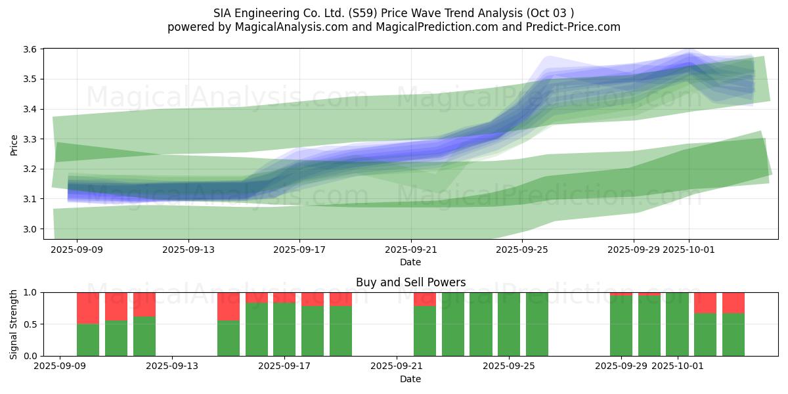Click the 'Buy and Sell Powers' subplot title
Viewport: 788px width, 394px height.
[x=410, y=282]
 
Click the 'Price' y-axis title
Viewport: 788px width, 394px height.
[x=14, y=144]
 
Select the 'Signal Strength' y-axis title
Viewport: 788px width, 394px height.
[x=14, y=324]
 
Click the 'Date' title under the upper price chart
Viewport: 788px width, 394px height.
[x=410, y=262]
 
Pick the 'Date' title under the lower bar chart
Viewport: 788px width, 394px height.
[x=410, y=379]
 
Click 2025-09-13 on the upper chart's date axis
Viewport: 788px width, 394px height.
[x=188, y=250]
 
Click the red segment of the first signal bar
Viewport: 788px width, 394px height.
[x=88, y=308]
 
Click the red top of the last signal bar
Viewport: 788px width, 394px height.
[x=733, y=303]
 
